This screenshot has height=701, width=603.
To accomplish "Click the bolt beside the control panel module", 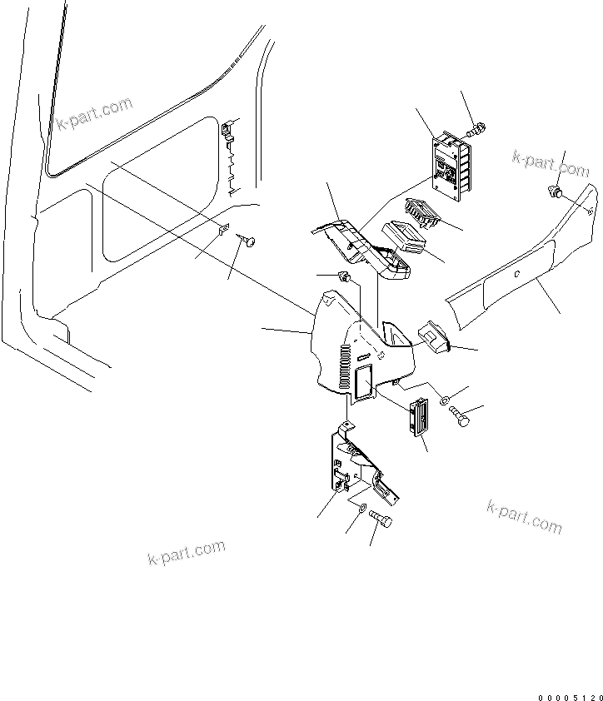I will pos(478,129).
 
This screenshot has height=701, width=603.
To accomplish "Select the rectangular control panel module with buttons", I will pos(451,167).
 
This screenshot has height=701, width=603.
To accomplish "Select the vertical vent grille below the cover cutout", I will pos(417,417).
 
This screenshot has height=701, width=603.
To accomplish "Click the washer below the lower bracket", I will pos(361,508).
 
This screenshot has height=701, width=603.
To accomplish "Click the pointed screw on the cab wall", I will pos(248,241).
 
